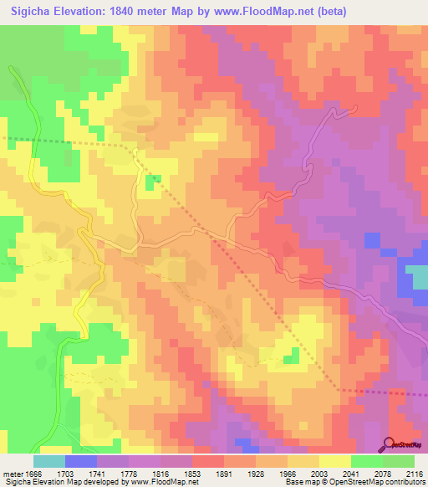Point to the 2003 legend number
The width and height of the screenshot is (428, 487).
319,472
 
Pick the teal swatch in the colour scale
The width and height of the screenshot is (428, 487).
49,461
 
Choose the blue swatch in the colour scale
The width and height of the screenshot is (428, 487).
81,461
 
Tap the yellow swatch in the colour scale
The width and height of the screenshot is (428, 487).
334,461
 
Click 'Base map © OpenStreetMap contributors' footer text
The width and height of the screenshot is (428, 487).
354,482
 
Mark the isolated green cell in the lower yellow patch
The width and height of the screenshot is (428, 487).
291,356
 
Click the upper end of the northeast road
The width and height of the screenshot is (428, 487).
356,106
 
